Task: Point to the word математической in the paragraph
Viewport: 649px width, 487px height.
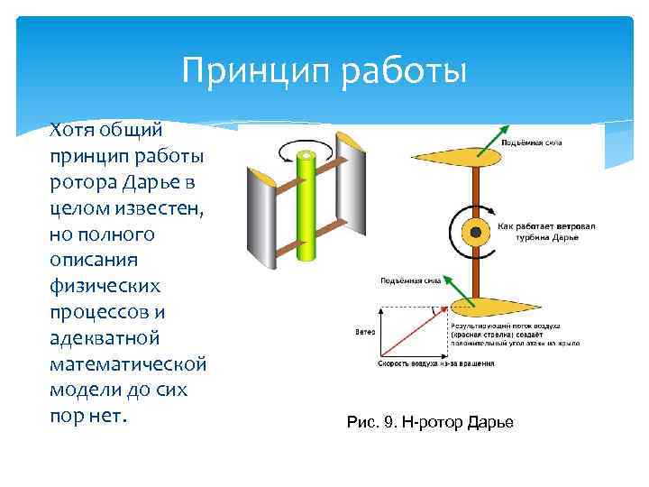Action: point(128,365)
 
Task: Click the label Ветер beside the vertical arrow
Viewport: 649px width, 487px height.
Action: point(364,331)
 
